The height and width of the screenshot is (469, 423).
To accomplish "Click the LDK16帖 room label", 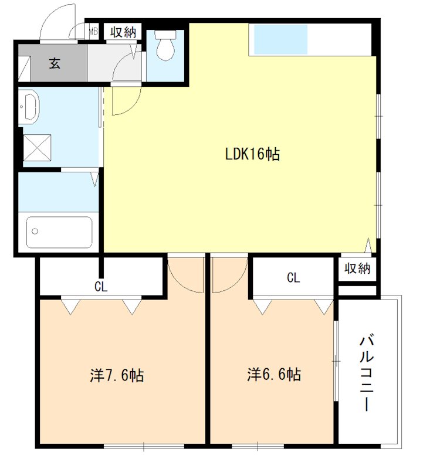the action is click(252, 154).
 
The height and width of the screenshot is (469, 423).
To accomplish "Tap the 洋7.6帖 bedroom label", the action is click(117, 375).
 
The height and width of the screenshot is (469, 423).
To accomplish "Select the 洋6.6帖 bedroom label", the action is click(274, 375).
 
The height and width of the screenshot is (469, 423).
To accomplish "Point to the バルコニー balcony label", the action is click(367, 373).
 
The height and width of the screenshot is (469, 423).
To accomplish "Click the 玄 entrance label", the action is click(55, 63).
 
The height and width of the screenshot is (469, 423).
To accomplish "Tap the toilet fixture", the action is click(165, 45).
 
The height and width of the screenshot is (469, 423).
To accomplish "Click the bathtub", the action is click(59, 232).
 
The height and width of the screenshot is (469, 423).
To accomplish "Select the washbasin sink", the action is click(29, 106).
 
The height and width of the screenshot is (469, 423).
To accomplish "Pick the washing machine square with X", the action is click(37, 148).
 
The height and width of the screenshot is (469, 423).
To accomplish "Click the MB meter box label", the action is click(94, 32).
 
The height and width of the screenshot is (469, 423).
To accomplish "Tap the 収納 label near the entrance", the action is click(123, 32).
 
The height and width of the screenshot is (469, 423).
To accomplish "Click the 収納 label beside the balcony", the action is click(357, 269).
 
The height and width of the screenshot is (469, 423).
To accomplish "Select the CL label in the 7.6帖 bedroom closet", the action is click(101, 287).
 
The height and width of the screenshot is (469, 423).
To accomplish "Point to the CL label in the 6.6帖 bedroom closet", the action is click(293, 278).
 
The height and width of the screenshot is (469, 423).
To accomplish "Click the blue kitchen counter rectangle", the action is click(281, 39).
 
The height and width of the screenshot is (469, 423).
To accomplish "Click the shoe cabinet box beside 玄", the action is click(24, 69).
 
